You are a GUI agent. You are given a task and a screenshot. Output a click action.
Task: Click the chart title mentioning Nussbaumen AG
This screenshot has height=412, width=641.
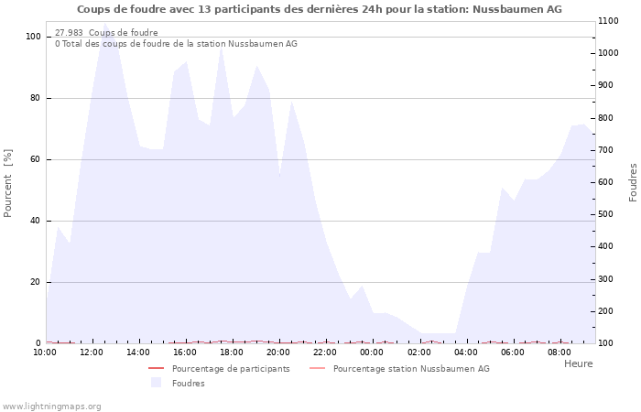coord(320,9)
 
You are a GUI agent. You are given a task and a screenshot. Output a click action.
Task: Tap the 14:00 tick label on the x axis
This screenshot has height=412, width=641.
coord(138,352)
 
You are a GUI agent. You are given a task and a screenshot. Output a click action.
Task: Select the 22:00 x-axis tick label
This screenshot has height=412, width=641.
coord(325,352)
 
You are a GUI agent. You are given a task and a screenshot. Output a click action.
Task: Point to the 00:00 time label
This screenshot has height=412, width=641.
coord(372,352)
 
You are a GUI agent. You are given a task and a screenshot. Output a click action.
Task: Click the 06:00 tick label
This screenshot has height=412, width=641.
coord(512,352)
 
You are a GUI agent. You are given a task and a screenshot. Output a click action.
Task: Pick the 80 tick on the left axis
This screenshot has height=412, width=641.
coord(34,98)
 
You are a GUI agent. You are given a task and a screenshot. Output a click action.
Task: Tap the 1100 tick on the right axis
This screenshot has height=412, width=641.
coord(612,21)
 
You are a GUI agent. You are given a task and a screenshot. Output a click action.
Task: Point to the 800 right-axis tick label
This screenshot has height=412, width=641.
coord(609,118)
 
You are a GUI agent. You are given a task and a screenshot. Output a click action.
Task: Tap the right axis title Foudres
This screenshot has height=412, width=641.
coord(633,182)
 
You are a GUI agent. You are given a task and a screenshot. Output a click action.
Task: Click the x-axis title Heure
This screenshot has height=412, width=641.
coord(578,363)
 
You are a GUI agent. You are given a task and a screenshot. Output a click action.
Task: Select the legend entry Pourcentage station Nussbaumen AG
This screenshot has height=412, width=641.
coord(411,369)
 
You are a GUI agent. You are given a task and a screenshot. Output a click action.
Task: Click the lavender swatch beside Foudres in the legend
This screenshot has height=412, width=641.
coord(156,383)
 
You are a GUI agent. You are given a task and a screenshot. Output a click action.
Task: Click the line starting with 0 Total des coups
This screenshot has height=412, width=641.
coord(176,44)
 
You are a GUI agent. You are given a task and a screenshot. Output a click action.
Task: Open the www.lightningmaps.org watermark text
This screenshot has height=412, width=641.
coord(51,406)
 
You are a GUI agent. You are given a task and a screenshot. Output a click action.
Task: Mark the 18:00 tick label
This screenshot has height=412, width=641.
coord(232,352)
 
